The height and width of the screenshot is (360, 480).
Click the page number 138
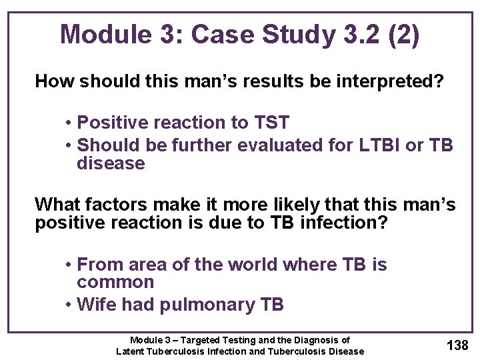pos(457,345)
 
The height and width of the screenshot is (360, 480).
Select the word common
pos(115,283)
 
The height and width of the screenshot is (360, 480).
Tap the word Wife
pos(97,305)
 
